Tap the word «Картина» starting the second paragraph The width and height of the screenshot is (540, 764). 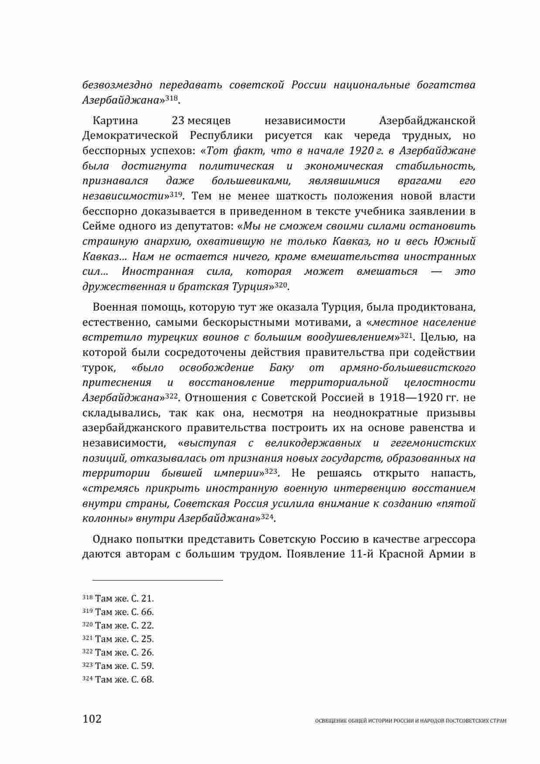[x=115, y=121]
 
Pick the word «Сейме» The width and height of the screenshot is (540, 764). [x=96, y=226]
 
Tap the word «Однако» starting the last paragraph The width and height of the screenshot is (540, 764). [x=112, y=540]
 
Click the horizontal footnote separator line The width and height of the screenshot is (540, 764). [x=152, y=580]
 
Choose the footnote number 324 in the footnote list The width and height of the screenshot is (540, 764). [x=87, y=679]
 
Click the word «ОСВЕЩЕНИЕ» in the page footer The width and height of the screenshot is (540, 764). [x=329, y=721]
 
